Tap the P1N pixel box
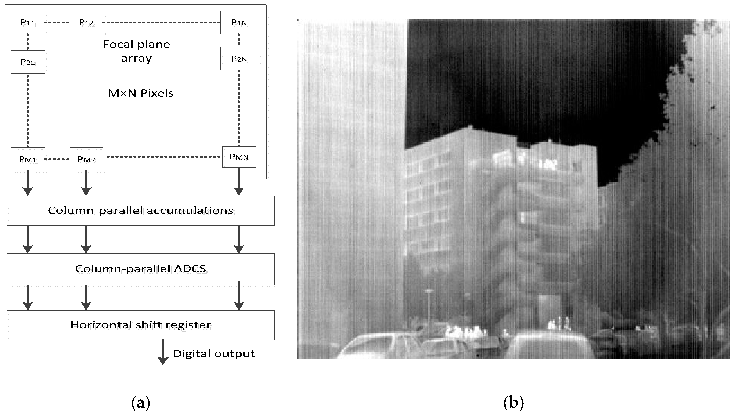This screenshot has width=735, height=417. click(239, 22)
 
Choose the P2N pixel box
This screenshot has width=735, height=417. click(239, 59)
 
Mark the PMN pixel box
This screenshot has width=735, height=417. click(239, 157)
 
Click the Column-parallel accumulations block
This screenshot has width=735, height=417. click(141, 210)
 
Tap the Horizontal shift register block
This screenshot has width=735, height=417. click(141, 325)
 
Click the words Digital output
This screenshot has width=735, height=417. click(214, 354)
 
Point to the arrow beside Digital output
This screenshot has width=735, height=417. click(163, 352)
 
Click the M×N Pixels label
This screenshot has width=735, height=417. click(141, 93)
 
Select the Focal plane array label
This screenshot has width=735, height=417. click(136, 51)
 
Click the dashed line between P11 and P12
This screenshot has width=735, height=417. click(57, 22)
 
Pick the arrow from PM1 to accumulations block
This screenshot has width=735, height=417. click(28, 183)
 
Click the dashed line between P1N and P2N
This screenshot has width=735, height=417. click(239, 40)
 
